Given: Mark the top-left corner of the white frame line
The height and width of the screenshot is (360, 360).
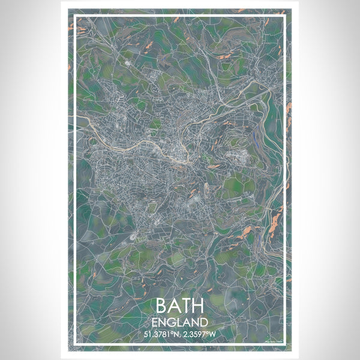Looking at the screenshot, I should point(74,15).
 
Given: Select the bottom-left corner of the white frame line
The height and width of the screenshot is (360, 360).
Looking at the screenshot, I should point(74,345).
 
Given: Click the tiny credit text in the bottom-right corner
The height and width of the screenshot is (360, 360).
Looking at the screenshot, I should point(274,341).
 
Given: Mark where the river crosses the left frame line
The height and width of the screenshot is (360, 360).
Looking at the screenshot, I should point(74,116).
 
